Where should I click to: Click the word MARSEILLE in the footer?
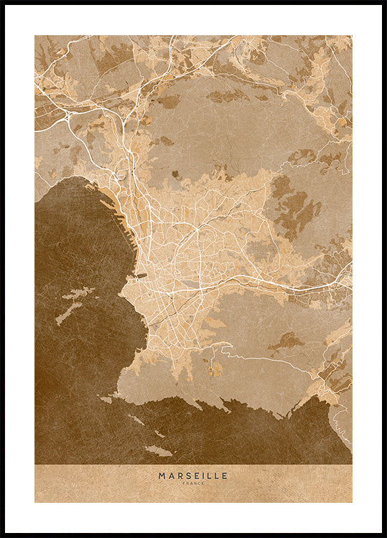[x=193, y=475]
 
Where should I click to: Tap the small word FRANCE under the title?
[x=193, y=483]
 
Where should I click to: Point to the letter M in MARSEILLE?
[x=162, y=475]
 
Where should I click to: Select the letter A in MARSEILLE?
[x=170, y=475]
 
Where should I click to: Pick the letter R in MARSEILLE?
[x=178, y=475]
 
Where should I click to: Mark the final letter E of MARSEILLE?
[x=225, y=475]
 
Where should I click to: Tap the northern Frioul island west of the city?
[x=78, y=294]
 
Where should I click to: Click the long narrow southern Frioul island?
[x=69, y=313]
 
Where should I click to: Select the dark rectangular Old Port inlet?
[x=141, y=275]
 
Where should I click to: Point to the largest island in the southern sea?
[x=158, y=450]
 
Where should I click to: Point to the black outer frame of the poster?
[x=2, y=269]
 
